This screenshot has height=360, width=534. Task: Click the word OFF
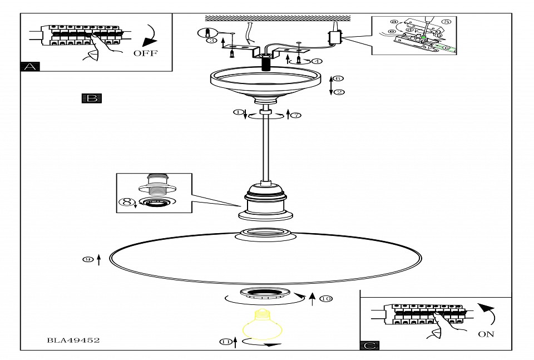145,53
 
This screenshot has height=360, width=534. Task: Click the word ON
486,334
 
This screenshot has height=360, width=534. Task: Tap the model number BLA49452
73,340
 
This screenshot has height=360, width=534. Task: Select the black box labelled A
30,67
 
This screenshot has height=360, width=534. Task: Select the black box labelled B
92,98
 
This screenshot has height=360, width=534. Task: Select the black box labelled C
370,346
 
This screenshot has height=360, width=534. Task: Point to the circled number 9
88,259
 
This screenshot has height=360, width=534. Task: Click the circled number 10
326,299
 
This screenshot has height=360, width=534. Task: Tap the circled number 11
225,342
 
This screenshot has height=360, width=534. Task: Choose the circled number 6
339,79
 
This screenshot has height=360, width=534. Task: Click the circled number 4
317,61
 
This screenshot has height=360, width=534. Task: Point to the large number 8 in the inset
127,202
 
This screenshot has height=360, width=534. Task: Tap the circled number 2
339,92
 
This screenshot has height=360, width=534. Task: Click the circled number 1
239,112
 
